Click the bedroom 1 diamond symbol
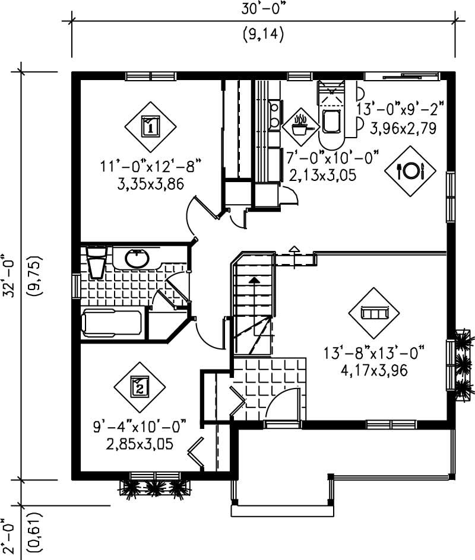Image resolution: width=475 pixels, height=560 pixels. pyautogui.click(x=150, y=126)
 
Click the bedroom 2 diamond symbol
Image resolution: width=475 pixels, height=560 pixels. pyautogui.click(x=139, y=387)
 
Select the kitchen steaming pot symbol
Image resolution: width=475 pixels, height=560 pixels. pyautogui.click(x=300, y=125)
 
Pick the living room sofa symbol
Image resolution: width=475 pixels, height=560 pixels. pyautogui.click(x=374, y=313)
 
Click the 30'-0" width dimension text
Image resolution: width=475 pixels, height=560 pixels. pyautogui.click(x=263, y=9)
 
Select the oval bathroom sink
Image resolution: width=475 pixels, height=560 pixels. pyautogui.click(x=137, y=259)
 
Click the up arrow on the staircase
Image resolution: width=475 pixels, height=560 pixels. pyautogui.click(x=254, y=282)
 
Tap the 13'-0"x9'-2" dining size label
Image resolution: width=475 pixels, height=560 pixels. pyautogui.click(x=400, y=109)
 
